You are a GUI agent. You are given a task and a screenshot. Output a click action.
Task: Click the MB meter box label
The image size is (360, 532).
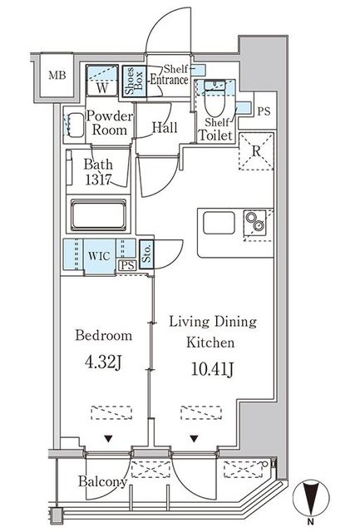tap(57, 75)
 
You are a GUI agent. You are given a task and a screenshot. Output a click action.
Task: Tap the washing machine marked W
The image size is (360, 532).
tap(101, 81)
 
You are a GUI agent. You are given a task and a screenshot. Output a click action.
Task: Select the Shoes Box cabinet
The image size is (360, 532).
tap(135, 81)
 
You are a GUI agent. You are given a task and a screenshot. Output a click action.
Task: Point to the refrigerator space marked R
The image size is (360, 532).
tap(256, 151)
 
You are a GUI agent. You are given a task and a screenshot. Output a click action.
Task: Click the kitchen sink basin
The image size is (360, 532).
tap(219, 223)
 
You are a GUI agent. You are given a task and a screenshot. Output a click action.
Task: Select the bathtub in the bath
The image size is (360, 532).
tap(98, 215)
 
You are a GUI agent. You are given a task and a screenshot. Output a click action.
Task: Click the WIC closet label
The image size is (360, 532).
tap(99, 255)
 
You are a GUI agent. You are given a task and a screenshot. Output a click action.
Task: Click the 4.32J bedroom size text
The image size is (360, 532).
tap(103, 362)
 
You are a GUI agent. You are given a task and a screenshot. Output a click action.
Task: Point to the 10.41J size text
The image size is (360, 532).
tap(212, 369)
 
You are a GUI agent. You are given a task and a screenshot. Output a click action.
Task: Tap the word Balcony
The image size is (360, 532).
tap(103, 481)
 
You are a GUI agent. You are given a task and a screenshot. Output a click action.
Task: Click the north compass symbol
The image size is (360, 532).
tap(311, 497)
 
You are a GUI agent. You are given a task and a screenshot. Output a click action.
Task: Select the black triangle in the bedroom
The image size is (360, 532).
tap(108, 439)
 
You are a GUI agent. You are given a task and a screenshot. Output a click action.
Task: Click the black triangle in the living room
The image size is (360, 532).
tap(194, 439)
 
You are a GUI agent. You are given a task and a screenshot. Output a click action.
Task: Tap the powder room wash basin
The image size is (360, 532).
tap(74, 125)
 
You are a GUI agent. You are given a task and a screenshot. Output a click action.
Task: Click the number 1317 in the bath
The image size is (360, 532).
tap(98, 180)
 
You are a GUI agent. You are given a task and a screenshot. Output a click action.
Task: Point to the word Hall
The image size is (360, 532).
tap(165, 127)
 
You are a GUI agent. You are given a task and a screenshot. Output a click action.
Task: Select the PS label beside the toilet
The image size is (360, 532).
tap(264, 111)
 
